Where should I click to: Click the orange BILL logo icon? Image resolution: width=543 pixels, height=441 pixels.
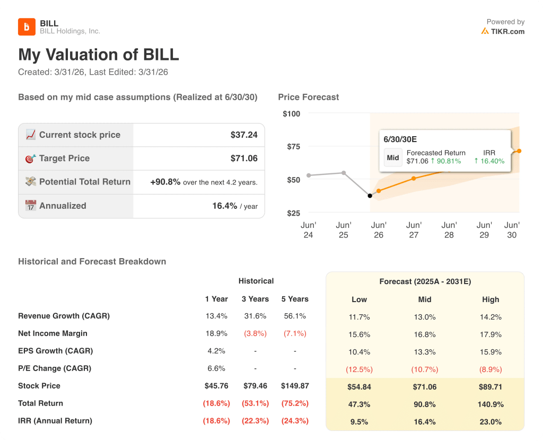pyautogui.click(x=27, y=27)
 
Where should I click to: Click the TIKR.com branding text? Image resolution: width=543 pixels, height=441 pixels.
pyautogui.click(x=507, y=31)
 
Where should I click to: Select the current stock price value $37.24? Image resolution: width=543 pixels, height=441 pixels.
pyautogui.click(x=244, y=135)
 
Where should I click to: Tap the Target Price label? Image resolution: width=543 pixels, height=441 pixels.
pyautogui.click(x=64, y=158)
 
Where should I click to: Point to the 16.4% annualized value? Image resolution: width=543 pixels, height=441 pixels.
pyautogui.click(x=224, y=206)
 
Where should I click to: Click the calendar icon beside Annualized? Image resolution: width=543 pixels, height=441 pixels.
pyautogui.click(x=31, y=206)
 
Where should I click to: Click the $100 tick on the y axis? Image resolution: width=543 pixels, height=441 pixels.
pyautogui.click(x=291, y=113)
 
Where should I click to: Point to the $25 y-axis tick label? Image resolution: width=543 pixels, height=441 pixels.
pyautogui.click(x=292, y=213)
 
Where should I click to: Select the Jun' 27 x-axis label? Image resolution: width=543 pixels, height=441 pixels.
pyautogui.click(x=414, y=230)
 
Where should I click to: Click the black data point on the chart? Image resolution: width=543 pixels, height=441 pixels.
pyautogui.click(x=370, y=196)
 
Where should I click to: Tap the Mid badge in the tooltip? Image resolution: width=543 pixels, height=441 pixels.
pyautogui.click(x=393, y=157)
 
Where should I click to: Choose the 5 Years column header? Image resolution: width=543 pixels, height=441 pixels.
pyautogui.click(x=295, y=299)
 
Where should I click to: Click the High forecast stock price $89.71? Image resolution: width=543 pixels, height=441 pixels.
pyautogui.click(x=491, y=387)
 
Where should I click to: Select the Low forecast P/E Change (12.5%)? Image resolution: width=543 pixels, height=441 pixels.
pyautogui.click(x=359, y=369)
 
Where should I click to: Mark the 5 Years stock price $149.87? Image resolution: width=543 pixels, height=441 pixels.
pyautogui.click(x=295, y=386)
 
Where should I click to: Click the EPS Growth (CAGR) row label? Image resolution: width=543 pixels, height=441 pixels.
pyautogui.click(x=55, y=351)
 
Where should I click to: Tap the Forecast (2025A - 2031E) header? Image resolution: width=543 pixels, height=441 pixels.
pyautogui.click(x=425, y=281)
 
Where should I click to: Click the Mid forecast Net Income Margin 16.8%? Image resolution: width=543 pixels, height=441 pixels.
pyautogui.click(x=425, y=334)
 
